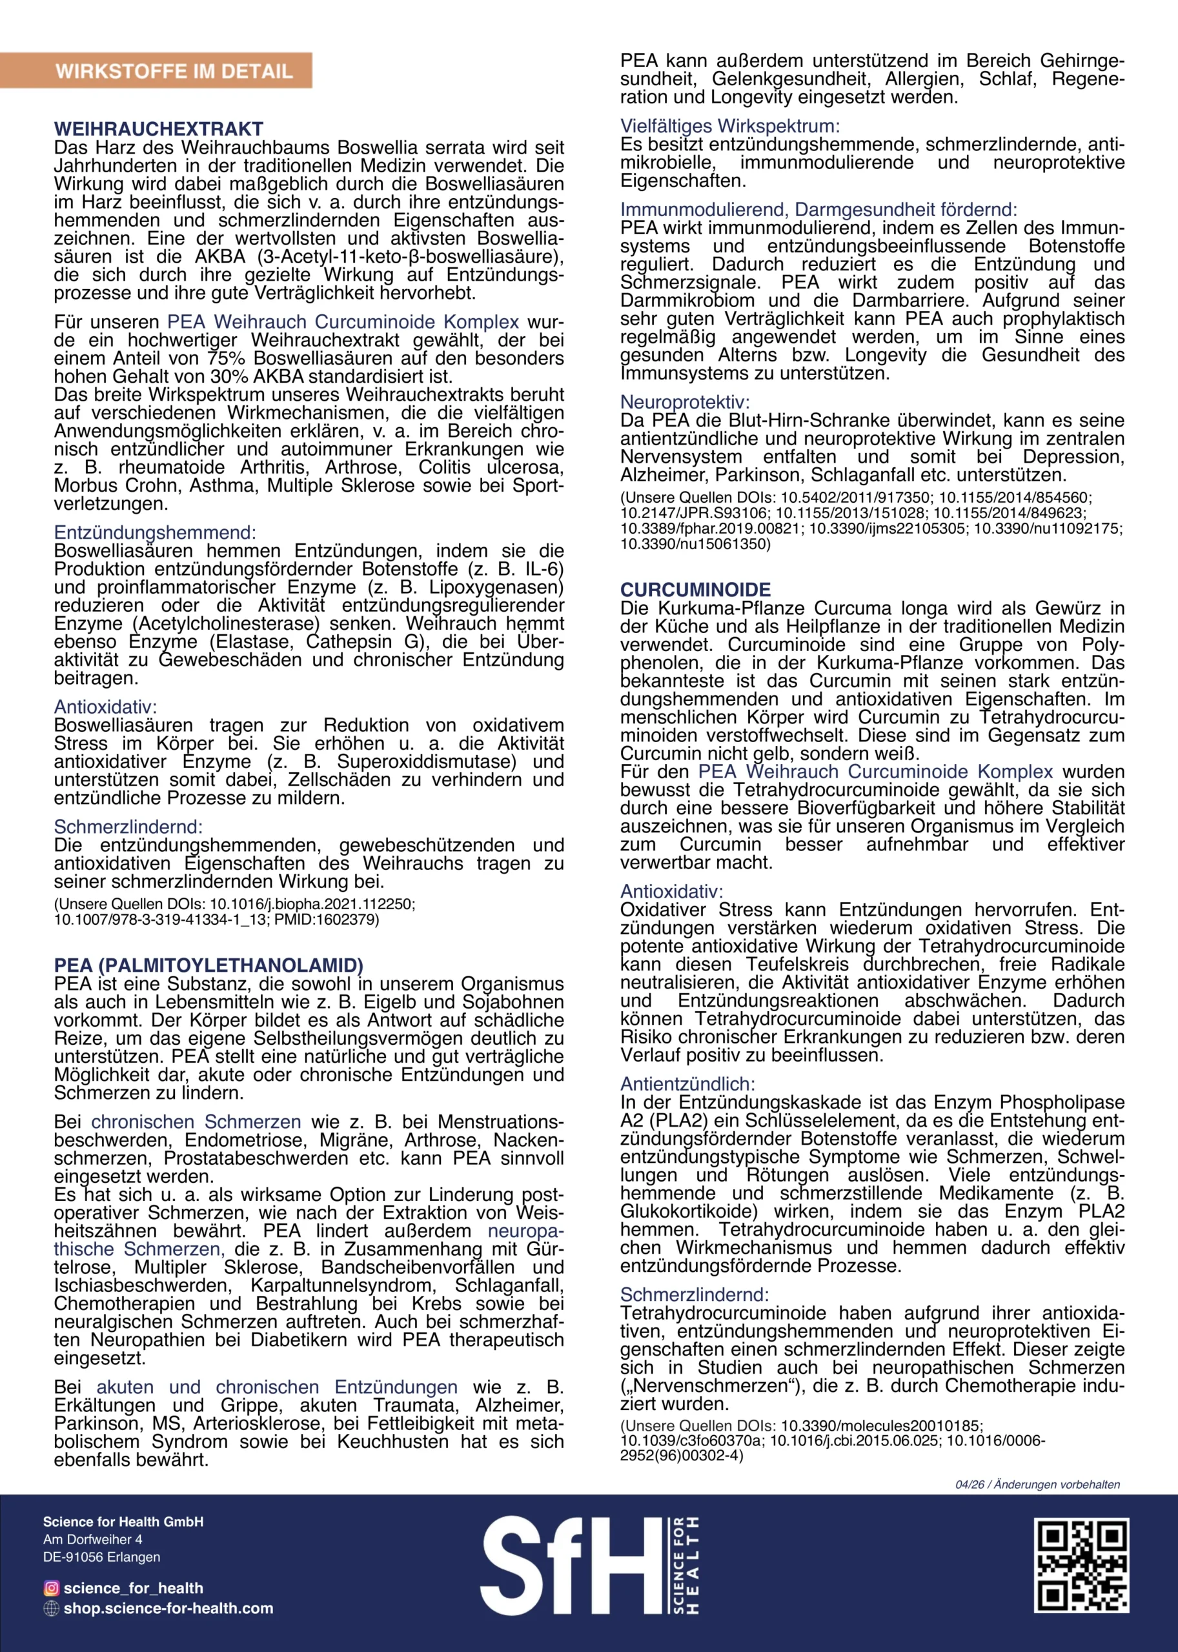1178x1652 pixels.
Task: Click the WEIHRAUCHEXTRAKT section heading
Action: [x=158, y=129]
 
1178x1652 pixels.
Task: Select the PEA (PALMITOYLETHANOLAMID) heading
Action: [x=208, y=965]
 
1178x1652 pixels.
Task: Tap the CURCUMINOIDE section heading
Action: [x=695, y=590]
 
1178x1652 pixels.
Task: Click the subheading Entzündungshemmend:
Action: [x=154, y=533]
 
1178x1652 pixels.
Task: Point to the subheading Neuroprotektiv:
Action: [x=684, y=402]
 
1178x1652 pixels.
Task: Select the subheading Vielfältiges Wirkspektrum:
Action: [x=730, y=126]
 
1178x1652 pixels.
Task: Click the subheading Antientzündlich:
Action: [x=687, y=1084]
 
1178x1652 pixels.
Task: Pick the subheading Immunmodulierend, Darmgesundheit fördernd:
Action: [x=818, y=210]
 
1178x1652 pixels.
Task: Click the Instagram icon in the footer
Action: [x=52, y=1588]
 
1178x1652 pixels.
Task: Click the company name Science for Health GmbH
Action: [x=123, y=1522]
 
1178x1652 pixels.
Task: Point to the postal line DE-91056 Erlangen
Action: [x=101, y=1557]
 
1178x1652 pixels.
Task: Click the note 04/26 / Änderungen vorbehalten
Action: [x=1037, y=1484]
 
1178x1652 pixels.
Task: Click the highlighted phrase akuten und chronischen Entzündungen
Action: [x=277, y=1387]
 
